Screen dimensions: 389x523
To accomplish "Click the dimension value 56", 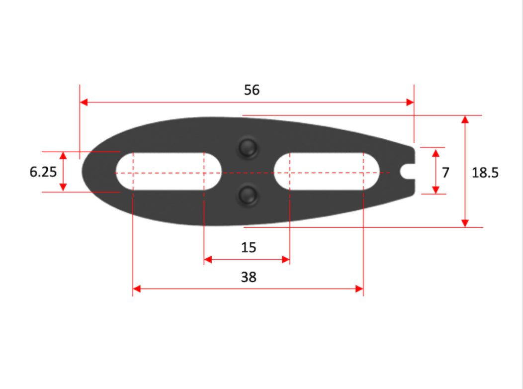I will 252,90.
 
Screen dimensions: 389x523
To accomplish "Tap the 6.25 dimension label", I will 43,172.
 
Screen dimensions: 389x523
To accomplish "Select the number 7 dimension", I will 445,173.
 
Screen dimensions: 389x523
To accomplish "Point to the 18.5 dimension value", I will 485,173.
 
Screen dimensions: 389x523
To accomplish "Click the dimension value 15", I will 248,247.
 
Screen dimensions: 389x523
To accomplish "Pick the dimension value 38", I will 248,277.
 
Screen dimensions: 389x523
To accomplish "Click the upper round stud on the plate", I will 247,147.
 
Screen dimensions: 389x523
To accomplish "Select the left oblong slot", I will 169,172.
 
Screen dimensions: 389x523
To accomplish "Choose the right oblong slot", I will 327,172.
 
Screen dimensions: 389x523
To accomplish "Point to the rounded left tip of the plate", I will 86,171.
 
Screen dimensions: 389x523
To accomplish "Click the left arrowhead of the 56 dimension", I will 84,102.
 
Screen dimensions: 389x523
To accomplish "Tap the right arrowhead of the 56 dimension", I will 410,102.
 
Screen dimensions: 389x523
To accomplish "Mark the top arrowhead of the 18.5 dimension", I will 465,120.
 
